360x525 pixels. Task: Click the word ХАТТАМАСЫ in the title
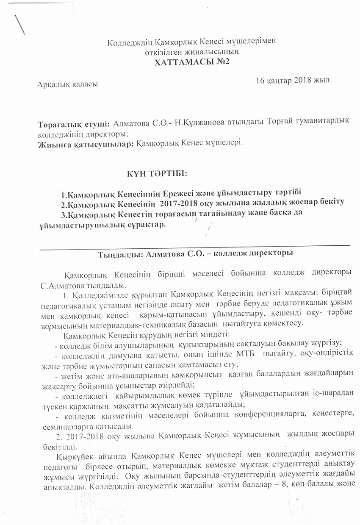point(179,62)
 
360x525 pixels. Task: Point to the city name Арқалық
point(53,84)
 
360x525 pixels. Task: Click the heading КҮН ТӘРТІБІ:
point(157,174)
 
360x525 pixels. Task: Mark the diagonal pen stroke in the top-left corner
point(19,24)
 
